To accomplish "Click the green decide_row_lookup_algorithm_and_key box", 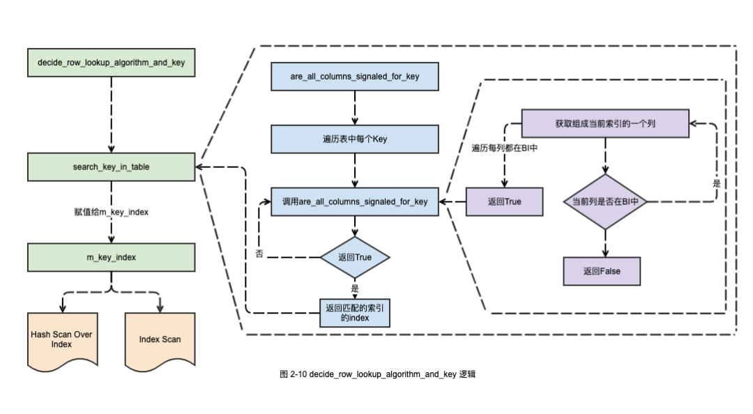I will click(x=112, y=63).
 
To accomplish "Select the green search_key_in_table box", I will click(x=112, y=167).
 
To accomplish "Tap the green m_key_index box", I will click(x=112, y=257).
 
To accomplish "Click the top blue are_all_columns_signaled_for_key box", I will click(x=355, y=76).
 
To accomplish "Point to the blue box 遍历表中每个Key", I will click(x=355, y=139).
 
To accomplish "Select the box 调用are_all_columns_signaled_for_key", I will click(x=355, y=201).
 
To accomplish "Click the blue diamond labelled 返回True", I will click(x=355, y=257).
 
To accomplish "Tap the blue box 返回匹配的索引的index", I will click(x=355, y=312).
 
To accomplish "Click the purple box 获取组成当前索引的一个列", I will click(x=605, y=123).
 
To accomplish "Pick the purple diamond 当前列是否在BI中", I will click(x=605, y=201).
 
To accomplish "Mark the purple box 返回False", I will click(x=601, y=271).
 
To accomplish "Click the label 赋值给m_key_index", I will click(x=112, y=211).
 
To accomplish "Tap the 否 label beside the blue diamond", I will click(x=259, y=254).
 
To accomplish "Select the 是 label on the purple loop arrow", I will click(x=717, y=184).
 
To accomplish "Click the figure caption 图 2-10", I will click(x=377, y=374).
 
